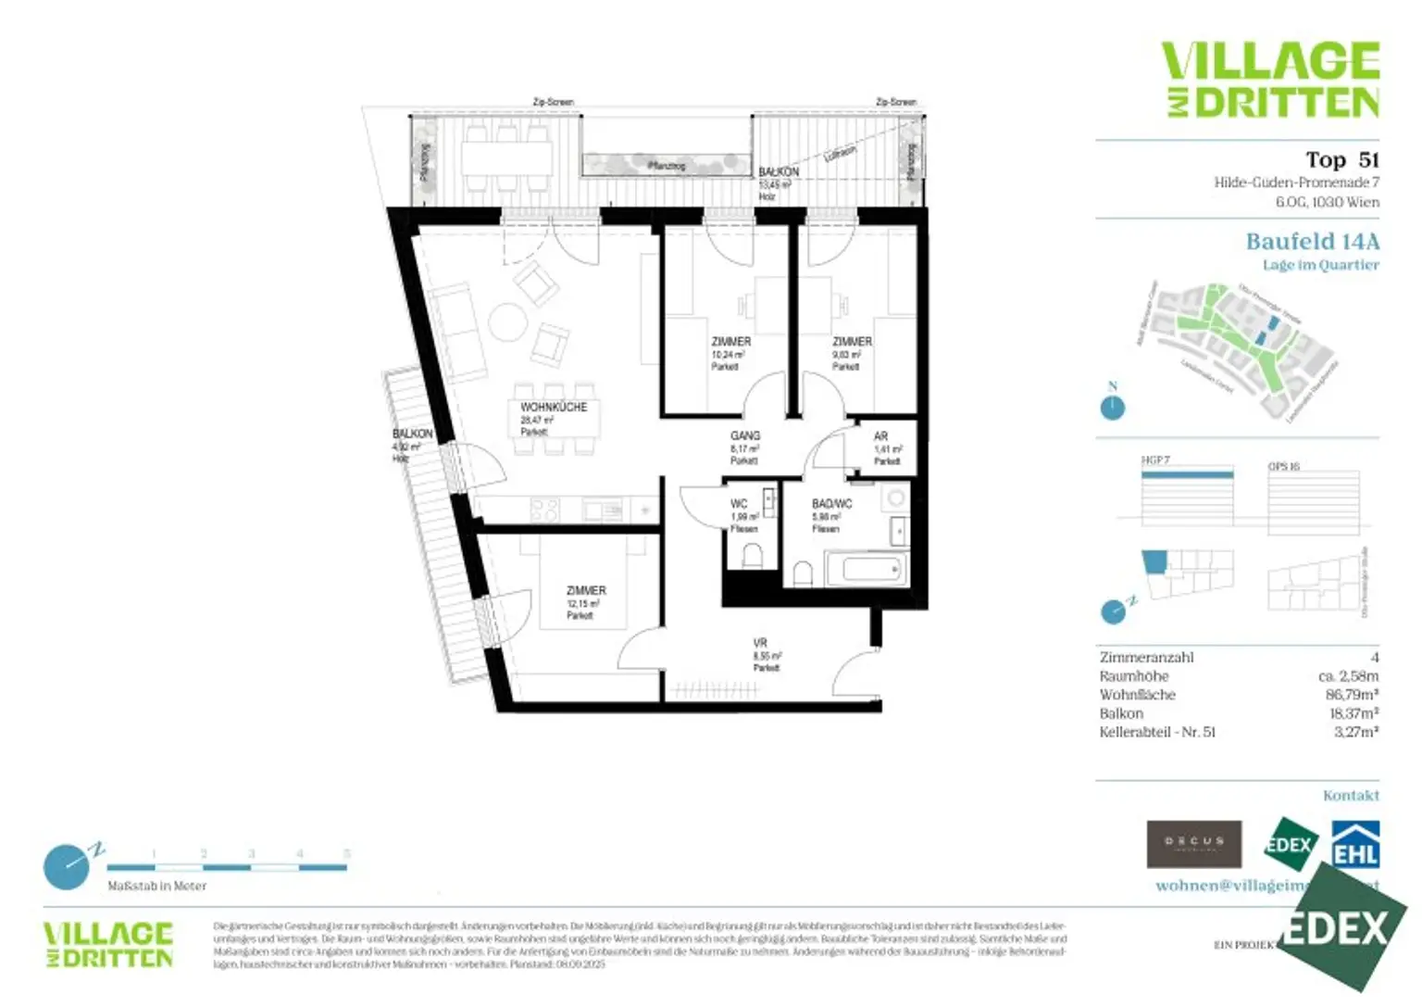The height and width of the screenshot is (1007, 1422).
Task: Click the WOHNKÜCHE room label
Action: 554,408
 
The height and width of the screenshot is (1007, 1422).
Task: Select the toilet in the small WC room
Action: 752,556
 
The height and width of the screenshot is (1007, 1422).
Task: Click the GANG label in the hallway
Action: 745,435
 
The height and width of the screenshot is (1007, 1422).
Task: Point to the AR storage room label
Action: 880,436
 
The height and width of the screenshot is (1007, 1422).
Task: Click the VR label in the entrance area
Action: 760,643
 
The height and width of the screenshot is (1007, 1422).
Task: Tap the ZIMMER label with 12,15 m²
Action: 586,591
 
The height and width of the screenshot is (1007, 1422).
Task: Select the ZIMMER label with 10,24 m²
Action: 730,342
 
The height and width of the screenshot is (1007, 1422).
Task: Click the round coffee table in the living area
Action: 507,322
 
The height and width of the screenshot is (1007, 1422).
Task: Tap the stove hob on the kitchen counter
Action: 544,510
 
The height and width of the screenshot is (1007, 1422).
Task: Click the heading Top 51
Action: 1341,160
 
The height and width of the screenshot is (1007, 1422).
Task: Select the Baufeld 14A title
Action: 1312,242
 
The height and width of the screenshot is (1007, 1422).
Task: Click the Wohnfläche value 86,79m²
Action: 1352,695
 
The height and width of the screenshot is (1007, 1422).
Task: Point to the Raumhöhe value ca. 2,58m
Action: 1348,676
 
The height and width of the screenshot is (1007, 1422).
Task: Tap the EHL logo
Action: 1355,844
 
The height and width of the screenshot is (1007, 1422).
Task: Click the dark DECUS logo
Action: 1193,843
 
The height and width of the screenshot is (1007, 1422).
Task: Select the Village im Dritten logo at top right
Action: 1270,80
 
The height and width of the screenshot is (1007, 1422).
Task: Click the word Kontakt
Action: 1351,796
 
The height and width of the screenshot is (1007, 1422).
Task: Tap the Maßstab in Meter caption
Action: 157,887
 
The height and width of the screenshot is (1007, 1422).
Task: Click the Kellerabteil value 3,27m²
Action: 1355,732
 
